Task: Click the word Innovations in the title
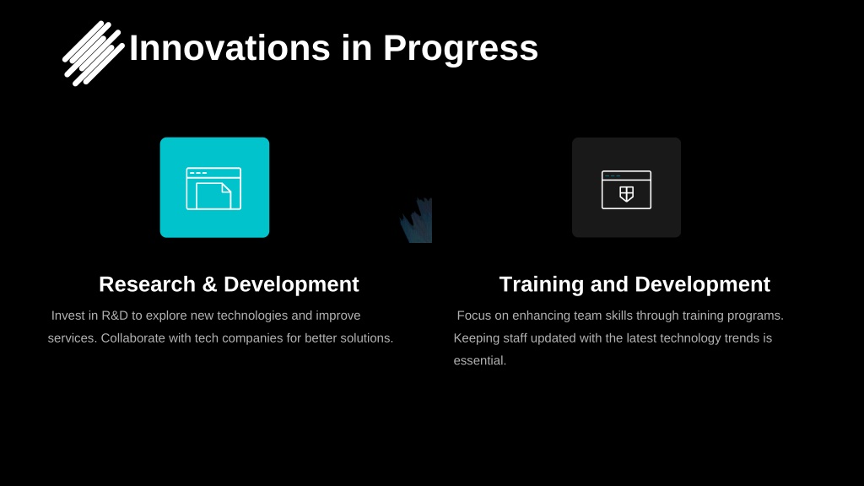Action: [x=229, y=48]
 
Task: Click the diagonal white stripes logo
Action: [x=93, y=53]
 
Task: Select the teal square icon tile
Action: [x=215, y=187]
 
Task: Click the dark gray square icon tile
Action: [x=627, y=187]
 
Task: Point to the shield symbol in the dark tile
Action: [x=627, y=194]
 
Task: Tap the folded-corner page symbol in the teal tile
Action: [x=213, y=196]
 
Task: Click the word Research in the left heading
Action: [x=147, y=284]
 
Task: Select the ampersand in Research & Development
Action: [x=209, y=284]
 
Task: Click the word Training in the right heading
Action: [x=542, y=285]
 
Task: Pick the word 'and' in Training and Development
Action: [x=609, y=284]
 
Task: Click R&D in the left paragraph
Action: [x=115, y=316]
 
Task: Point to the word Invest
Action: [x=67, y=316]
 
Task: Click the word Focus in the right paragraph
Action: [x=474, y=316]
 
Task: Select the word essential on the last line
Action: [x=479, y=361]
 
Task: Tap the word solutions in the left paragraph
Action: [x=366, y=338]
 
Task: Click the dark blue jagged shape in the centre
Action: [x=416, y=220]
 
